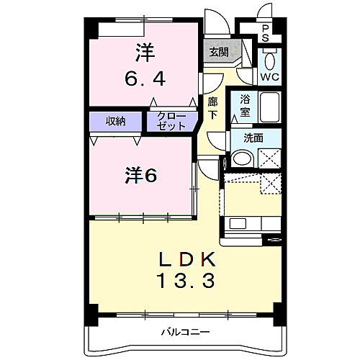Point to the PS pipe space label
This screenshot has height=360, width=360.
pyautogui.click(x=265, y=33)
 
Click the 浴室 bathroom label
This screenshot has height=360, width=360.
pyautogui.click(x=246, y=105)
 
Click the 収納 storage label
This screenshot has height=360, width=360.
pyautogui.click(x=116, y=121)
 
